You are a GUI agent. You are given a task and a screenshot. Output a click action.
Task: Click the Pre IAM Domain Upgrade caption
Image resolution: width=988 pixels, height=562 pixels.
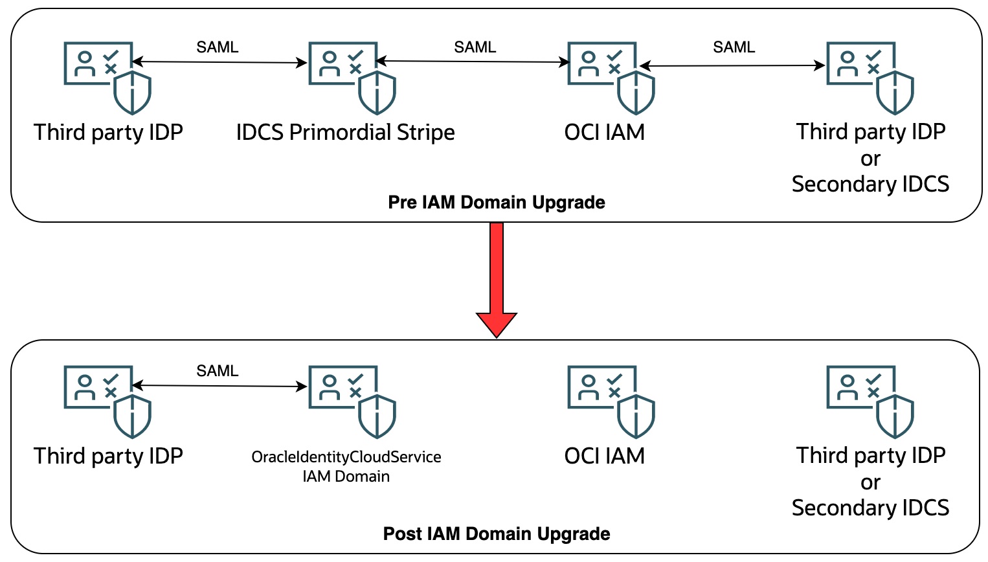coord(496,203)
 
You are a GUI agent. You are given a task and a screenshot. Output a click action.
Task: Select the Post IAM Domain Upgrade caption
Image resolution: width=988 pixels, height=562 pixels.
coord(496,534)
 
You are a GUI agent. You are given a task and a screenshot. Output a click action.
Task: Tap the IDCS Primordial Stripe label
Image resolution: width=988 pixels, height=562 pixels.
coord(345,132)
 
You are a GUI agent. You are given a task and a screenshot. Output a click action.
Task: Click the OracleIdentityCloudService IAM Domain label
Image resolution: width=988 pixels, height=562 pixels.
coord(346,466)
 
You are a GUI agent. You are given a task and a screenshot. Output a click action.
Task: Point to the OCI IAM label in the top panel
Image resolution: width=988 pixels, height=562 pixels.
coord(604,132)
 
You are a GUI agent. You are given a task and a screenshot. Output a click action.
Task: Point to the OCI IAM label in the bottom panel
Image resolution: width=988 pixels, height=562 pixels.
coord(604,456)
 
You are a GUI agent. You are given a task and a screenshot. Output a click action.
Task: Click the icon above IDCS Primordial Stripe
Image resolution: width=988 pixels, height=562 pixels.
coord(351,76)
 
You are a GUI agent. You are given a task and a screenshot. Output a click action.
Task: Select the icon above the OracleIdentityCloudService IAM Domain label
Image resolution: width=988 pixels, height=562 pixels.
coord(351,400)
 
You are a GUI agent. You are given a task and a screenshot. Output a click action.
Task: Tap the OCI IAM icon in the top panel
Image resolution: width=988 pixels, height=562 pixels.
coord(610,76)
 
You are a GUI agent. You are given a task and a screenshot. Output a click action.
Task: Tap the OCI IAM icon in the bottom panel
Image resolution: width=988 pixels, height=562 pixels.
coord(610,400)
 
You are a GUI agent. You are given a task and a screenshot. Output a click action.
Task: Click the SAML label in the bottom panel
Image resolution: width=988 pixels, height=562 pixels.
coord(218,371)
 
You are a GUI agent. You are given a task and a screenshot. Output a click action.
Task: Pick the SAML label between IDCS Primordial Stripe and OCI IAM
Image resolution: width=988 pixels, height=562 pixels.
coord(475,47)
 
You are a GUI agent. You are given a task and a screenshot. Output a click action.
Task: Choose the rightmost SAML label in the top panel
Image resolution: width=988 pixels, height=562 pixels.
coord(734,47)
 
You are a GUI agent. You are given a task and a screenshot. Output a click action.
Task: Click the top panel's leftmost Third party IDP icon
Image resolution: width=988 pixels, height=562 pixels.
coord(106,76)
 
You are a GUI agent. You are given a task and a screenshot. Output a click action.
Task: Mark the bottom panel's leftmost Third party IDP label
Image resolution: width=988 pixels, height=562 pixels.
coord(108,456)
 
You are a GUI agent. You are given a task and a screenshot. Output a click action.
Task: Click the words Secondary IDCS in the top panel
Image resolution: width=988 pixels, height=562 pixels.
coord(870,185)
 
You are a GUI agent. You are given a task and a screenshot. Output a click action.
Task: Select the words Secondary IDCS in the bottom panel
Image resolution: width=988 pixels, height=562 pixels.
coord(870,508)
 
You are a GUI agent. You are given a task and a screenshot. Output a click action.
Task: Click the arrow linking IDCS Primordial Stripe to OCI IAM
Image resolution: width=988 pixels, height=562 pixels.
coord(473,62)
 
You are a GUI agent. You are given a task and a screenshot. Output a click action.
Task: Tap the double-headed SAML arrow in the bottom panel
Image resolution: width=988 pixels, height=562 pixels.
coord(219,386)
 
